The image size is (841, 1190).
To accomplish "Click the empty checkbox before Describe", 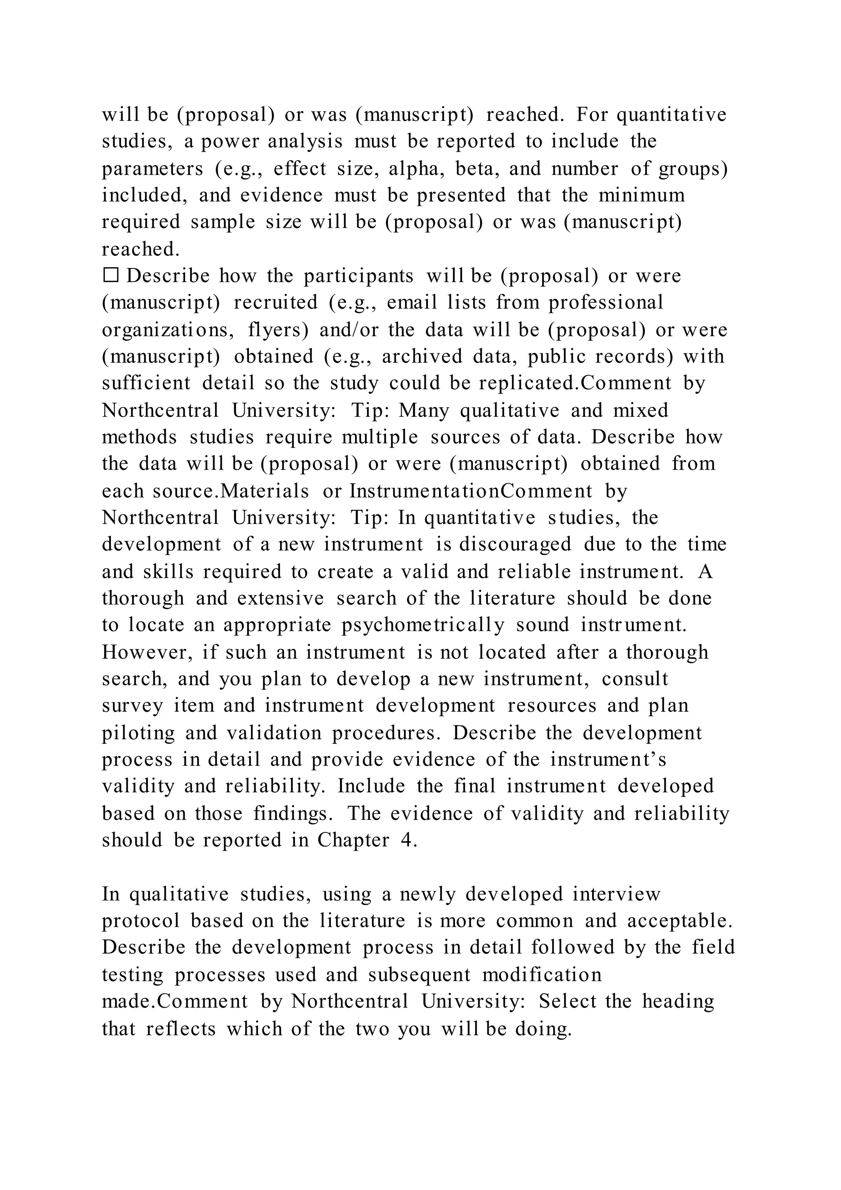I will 111,275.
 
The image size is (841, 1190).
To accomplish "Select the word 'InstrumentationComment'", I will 471,491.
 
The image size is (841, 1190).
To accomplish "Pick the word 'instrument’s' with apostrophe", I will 608,760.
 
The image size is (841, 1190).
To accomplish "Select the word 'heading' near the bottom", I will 678,1001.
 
